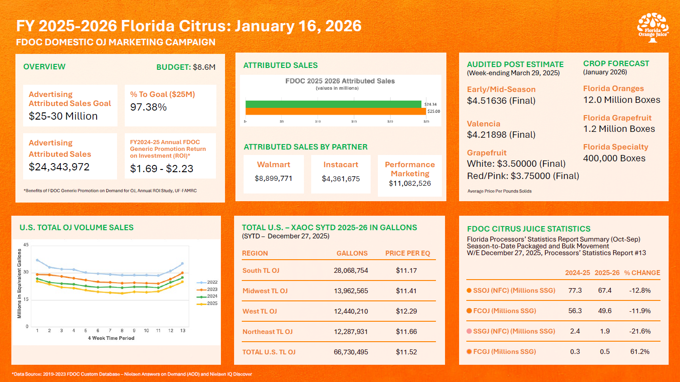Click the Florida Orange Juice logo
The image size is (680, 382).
pyautogui.click(x=652, y=28)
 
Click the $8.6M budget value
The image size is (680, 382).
pyautogui.click(x=204, y=67)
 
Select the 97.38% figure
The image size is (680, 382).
pyautogui.click(x=148, y=107)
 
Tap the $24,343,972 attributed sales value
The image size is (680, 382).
pyautogui.click(x=59, y=167)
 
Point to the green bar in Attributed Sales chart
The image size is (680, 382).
pyautogui.click(x=333, y=104)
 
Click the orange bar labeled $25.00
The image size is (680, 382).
pyautogui.click(x=336, y=111)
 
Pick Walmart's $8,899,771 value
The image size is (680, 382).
pyautogui.click(x=274, y=179)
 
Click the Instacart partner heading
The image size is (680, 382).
pyautogui.click(x=341, y=164)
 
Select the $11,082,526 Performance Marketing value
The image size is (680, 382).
pyautogui.click(x=410, y=184)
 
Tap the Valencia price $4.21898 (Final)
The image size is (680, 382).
pyautogui.click(x=501, y=135)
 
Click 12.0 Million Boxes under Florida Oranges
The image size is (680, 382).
pyautogui.click(x=621, y=100)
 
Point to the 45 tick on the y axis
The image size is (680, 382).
pyautogui.click(x=26, y=245)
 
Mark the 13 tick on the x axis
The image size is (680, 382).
pyautogui.click(x=183, y=331)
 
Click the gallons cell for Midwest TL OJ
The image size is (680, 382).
pyautogui.click(x=351, y=291)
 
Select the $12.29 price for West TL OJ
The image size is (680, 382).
pyautogui.click(x=406, y=311)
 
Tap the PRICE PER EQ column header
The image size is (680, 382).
pyautogui.click(x=407, y=253)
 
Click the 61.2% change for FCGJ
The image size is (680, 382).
pyautogui.click(x=640, y=352)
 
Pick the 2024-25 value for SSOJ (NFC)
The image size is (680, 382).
pyautogui.click(x=575, y=290)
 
